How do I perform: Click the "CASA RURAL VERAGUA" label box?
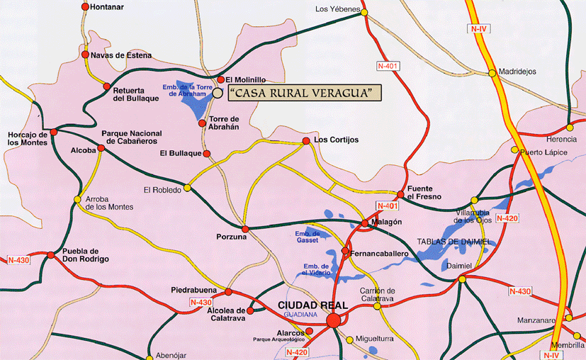303,92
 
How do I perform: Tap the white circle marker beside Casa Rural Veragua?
217,92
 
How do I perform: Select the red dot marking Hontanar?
85,7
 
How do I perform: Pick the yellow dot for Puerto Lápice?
515,150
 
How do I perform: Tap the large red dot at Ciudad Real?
333,322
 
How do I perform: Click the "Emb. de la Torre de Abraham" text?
187,91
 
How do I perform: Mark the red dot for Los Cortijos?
306,141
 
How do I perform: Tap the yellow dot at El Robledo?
187,188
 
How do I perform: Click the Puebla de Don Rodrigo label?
86,255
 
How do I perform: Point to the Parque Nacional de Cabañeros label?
133,137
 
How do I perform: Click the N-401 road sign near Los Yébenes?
389,67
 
